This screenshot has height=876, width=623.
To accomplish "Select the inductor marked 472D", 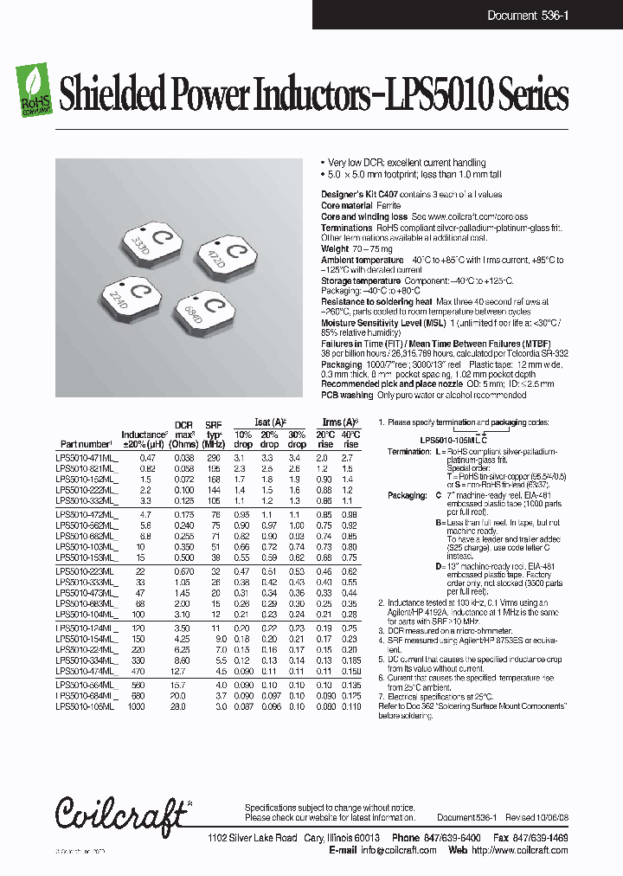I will pyautogui.click(x=228, y=255).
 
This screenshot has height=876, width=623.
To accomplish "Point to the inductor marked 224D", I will pyautogui.click(x=132, y=298).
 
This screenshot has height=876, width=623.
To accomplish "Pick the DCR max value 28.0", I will pyautogui.click(x=178, y=706).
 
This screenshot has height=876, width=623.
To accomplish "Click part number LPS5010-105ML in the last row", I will pyautogui.click(x=84, y=706).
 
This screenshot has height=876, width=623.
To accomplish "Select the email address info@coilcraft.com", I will pyautogui.click(x=395, y=850).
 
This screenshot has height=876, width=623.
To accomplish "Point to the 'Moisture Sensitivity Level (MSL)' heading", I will pyautogui.click(x=379, y=322).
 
